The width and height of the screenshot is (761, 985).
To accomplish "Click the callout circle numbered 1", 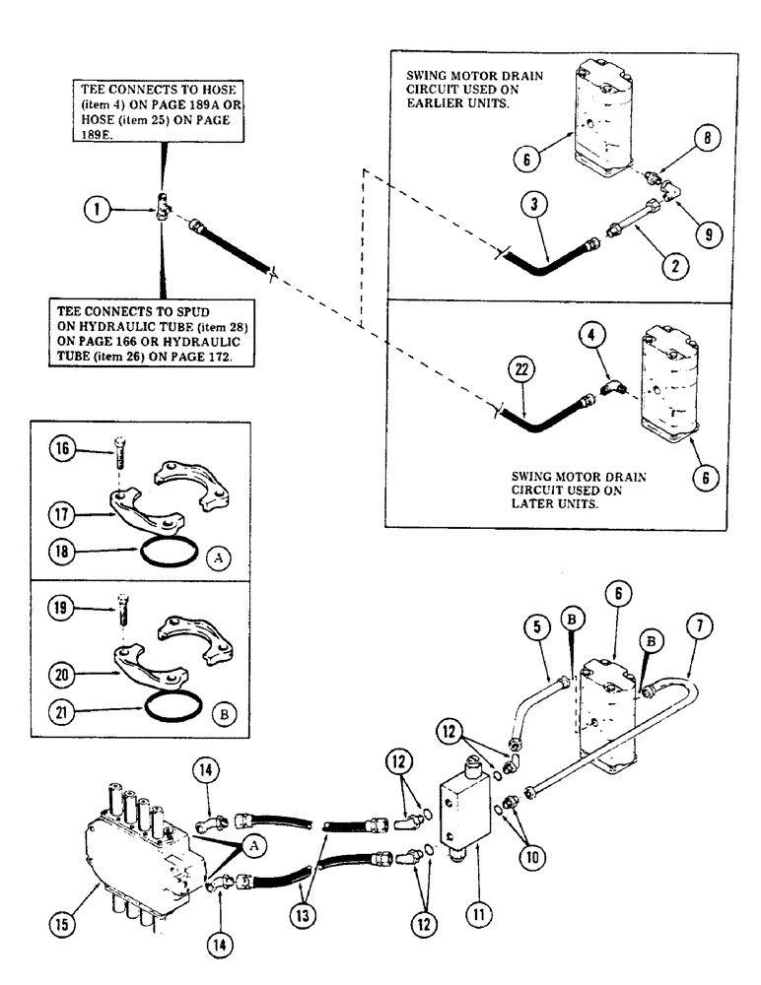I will click(x=96, y=209).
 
